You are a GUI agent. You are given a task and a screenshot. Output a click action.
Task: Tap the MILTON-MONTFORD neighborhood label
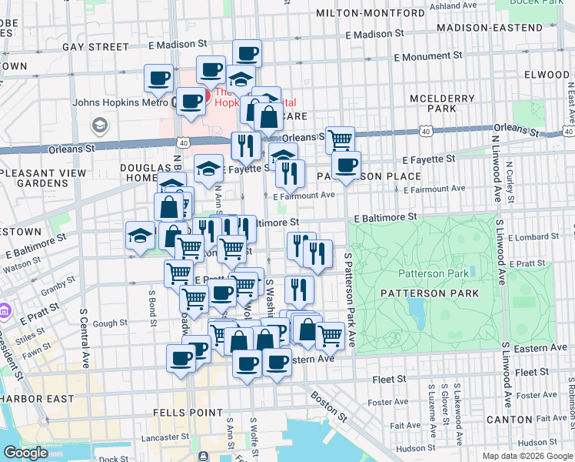coord(371,13)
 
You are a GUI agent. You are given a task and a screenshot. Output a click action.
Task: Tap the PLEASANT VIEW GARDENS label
coord(44,179)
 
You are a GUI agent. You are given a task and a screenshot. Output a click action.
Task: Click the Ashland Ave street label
coord(454,6)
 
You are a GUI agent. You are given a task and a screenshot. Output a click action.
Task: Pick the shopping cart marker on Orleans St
coord(340,140)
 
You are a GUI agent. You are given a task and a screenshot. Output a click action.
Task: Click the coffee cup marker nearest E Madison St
coord(247,53)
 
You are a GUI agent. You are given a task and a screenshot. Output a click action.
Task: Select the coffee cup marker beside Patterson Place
coord(346,165)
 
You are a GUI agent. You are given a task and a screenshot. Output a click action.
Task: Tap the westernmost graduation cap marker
coord(140,236)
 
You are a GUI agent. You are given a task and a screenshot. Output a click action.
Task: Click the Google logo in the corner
coord(25,453)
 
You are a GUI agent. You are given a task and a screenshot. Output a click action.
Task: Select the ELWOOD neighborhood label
coord(548,75)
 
